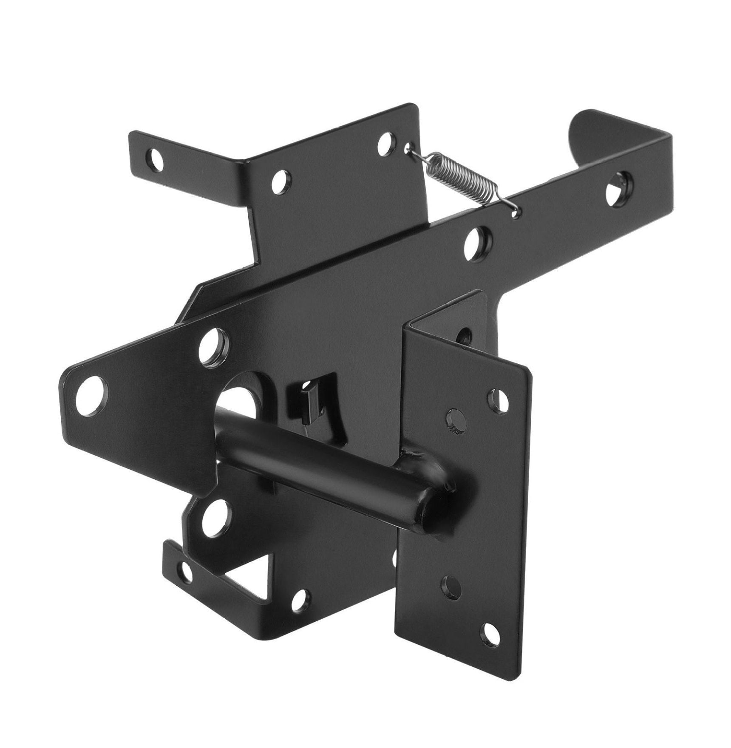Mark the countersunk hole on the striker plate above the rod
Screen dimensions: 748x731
[454, 421]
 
